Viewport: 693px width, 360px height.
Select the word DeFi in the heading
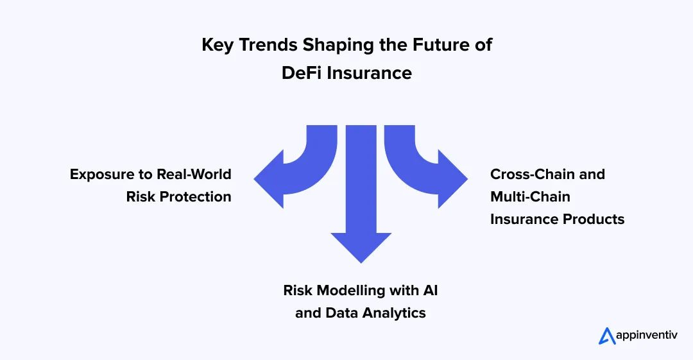point(302,73)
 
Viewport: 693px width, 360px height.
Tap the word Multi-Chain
point(530,196)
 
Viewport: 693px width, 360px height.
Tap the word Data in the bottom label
point(338,313)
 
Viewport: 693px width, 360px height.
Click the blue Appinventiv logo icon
point(606,336)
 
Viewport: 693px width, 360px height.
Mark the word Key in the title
point(215,46)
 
